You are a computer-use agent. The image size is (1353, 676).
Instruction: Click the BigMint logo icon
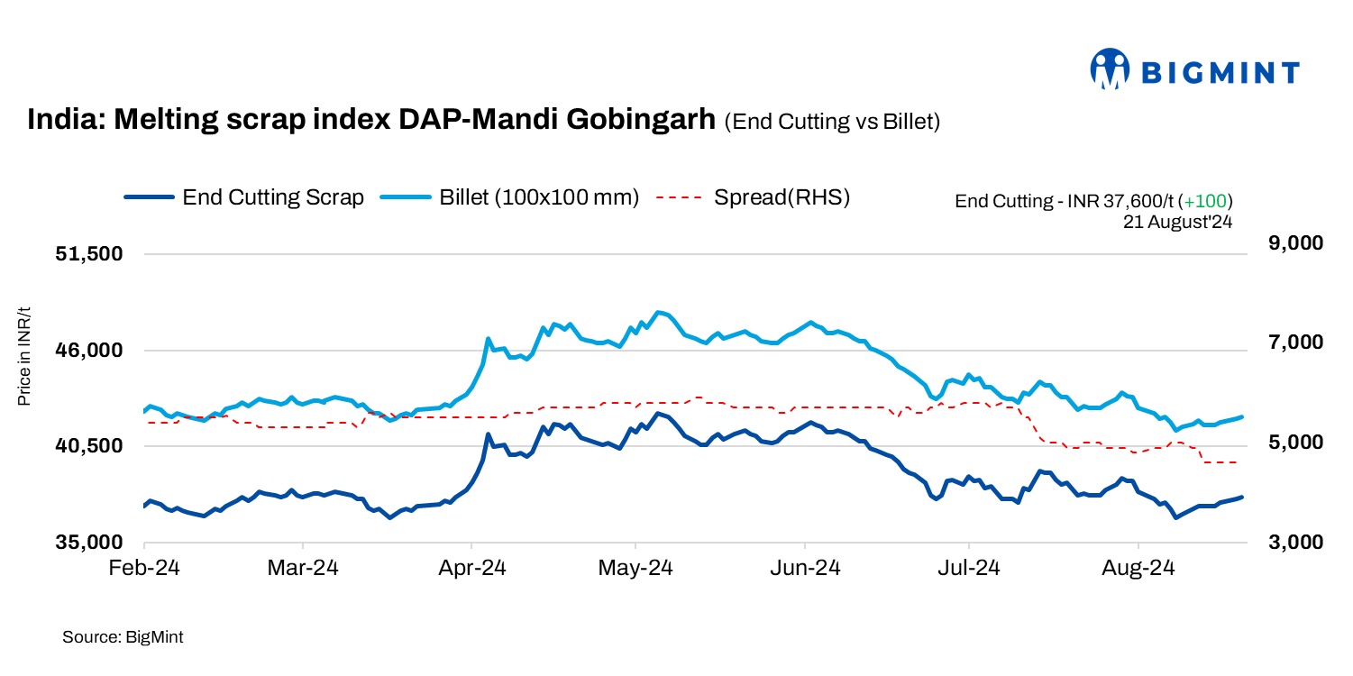[x=1110, y=69]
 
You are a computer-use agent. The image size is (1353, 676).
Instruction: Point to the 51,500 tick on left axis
[x=89, y=255]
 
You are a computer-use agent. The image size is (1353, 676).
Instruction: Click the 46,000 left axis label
[x=89, y=351]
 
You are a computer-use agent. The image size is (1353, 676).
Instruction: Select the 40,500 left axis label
[x=89, y=446]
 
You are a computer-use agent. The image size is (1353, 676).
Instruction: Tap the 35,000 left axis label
[x=89, y=543]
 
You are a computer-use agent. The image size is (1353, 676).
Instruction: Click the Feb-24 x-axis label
[x=144, y=569]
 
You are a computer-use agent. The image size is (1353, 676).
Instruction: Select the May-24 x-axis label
[x=635, y=569]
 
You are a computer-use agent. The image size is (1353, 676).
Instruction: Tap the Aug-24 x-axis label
[x=1138, y=569]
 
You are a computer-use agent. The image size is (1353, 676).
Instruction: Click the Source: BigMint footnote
[x=123, y=637]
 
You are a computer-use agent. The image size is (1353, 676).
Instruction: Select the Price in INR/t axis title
[x=24, y=356]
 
